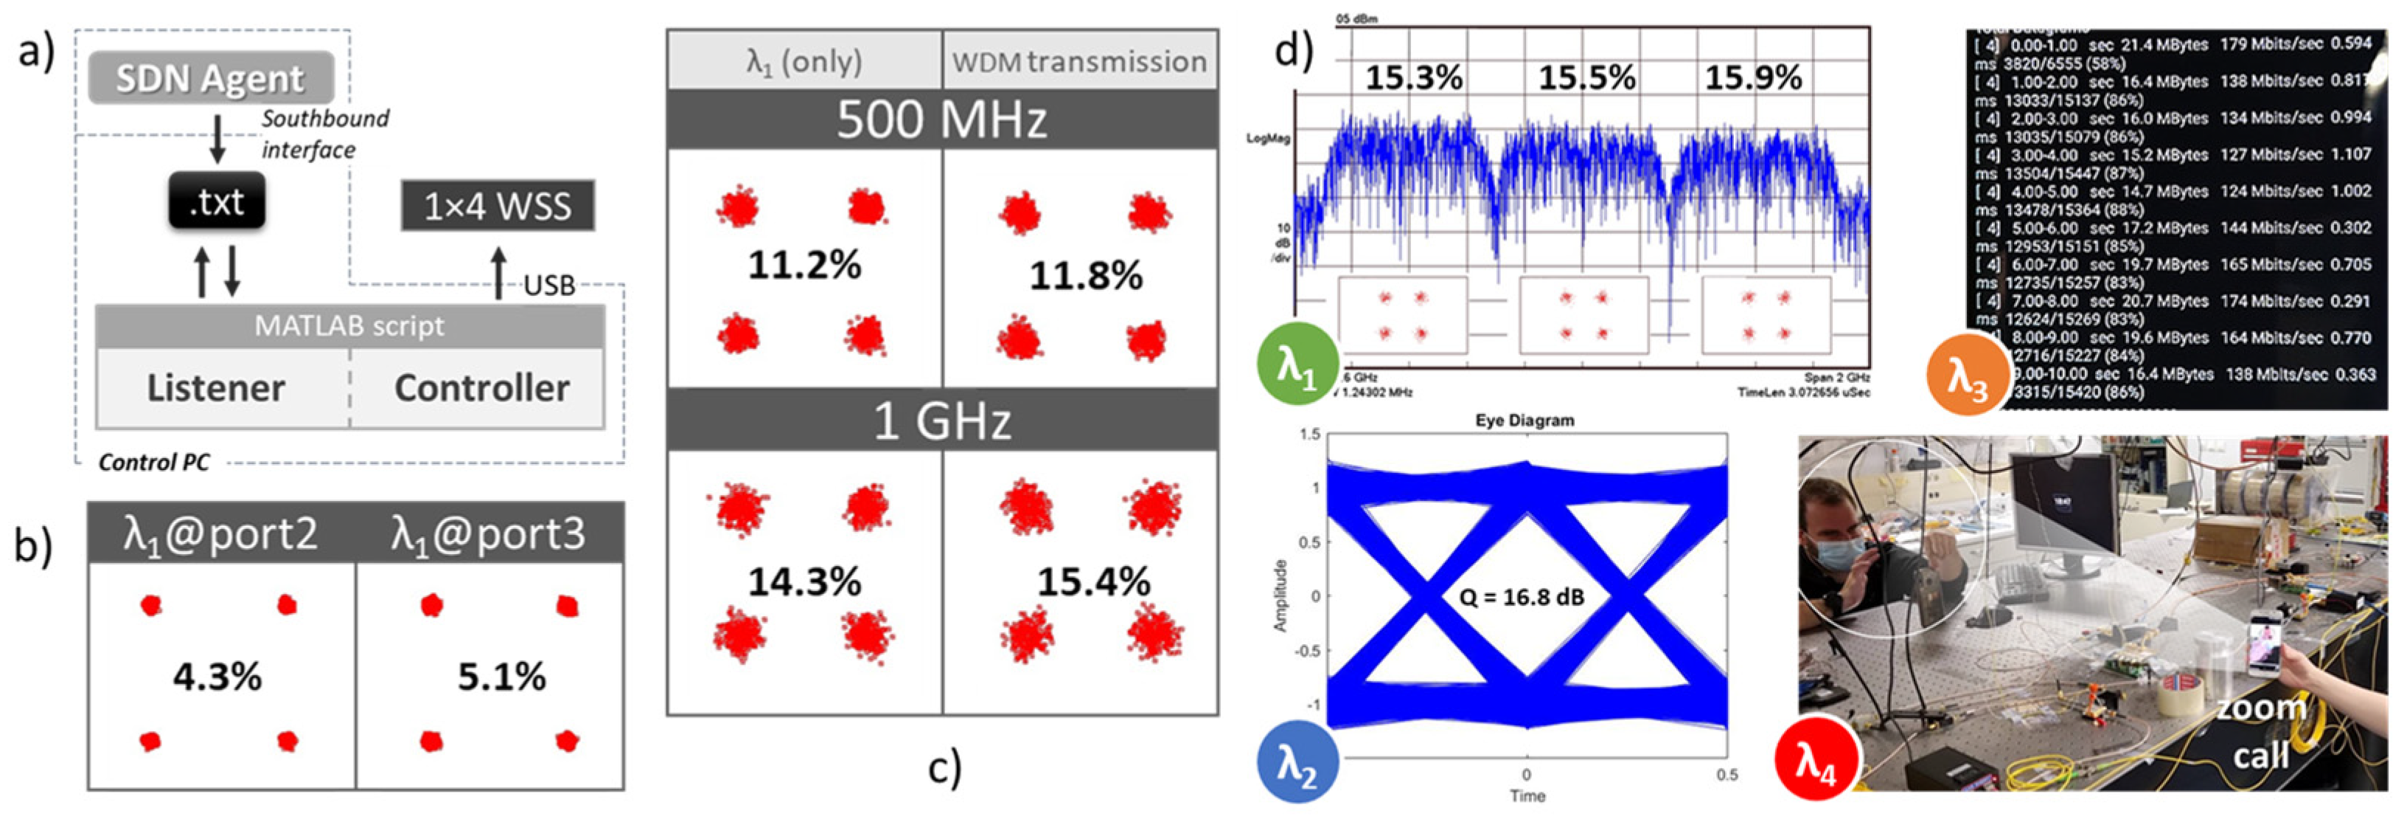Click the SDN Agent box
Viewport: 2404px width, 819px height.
pos(211,78)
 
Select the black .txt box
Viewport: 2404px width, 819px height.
pos(217,201)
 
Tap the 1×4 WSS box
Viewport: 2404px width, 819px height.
pos(498,205)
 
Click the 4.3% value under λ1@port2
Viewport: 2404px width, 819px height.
pos(217,676)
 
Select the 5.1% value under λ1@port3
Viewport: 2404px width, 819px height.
pos(501,676)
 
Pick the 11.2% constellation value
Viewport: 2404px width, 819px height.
pos(804,265)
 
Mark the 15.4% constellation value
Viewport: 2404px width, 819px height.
pos(1094,582)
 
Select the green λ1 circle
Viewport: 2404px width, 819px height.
pos(1298,365)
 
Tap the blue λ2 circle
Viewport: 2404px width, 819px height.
pos(1298,764)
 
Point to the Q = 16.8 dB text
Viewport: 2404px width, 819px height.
pos(1521,597)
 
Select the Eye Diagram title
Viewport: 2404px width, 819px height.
pos(1524,421)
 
